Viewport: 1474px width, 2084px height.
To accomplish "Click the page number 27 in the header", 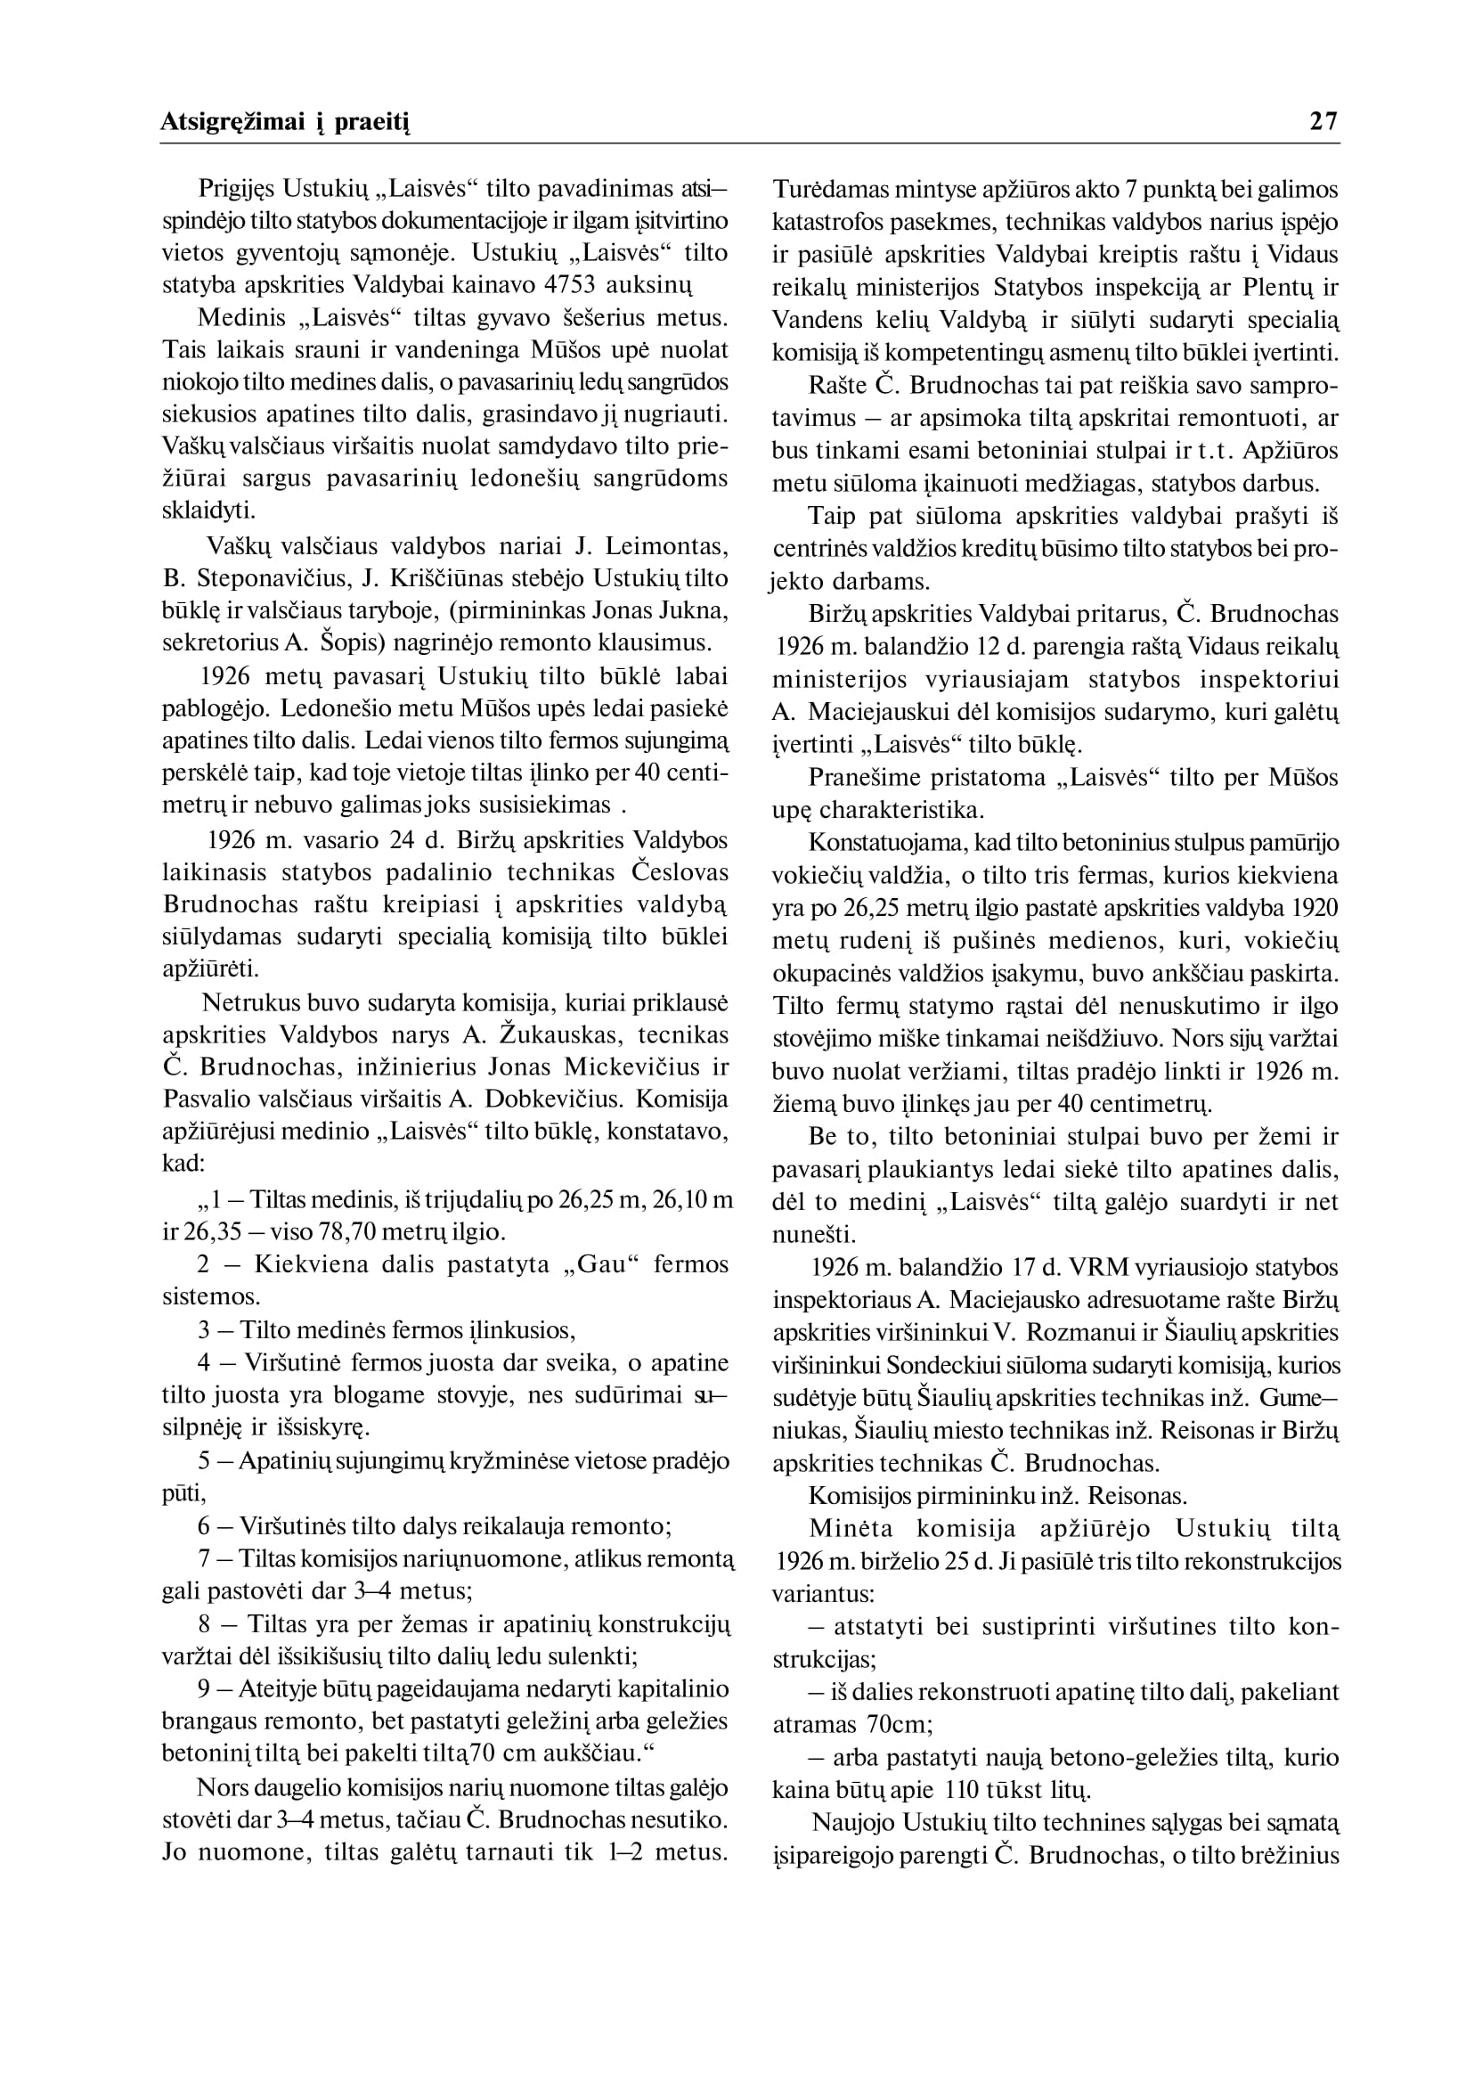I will pyautogui.click(x=1323, y=121).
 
